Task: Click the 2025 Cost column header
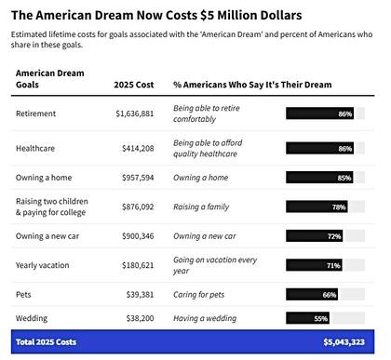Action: point(132,84)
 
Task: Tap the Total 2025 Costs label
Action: point(46,341)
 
